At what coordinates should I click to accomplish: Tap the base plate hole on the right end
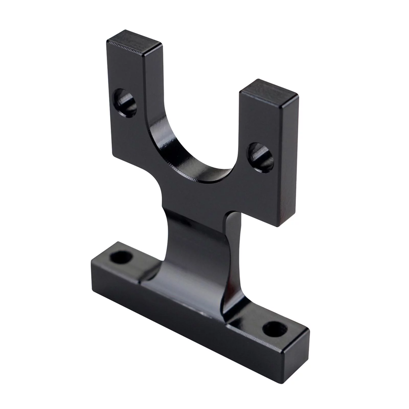pos(275,329)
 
